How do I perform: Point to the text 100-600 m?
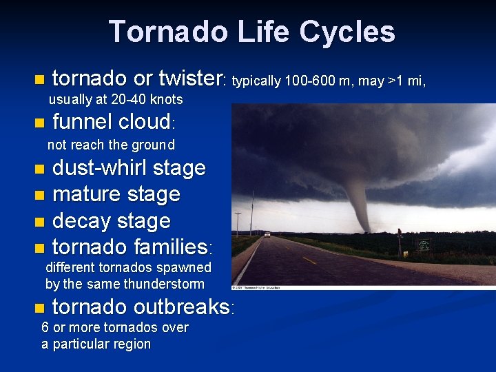304,81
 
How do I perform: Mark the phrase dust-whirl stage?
129,167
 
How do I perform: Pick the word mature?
84,194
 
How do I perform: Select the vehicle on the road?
267,235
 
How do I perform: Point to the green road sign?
424,245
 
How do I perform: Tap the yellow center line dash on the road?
310,260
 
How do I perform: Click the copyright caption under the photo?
262,287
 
